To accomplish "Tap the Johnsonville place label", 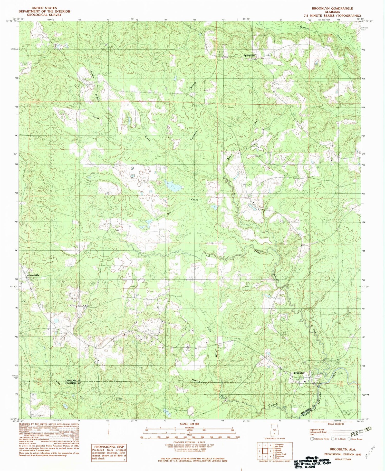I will coord(33,275).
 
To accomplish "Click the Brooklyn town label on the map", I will coord(299,373).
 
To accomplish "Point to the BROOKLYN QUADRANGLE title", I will coord(332,8).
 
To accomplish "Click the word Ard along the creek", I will coord(208,255).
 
